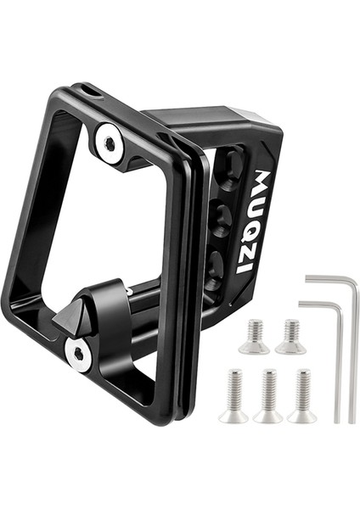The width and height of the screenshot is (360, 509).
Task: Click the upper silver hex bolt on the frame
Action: pos(110,144)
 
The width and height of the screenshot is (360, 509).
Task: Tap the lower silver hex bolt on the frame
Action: pos(78,353)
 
